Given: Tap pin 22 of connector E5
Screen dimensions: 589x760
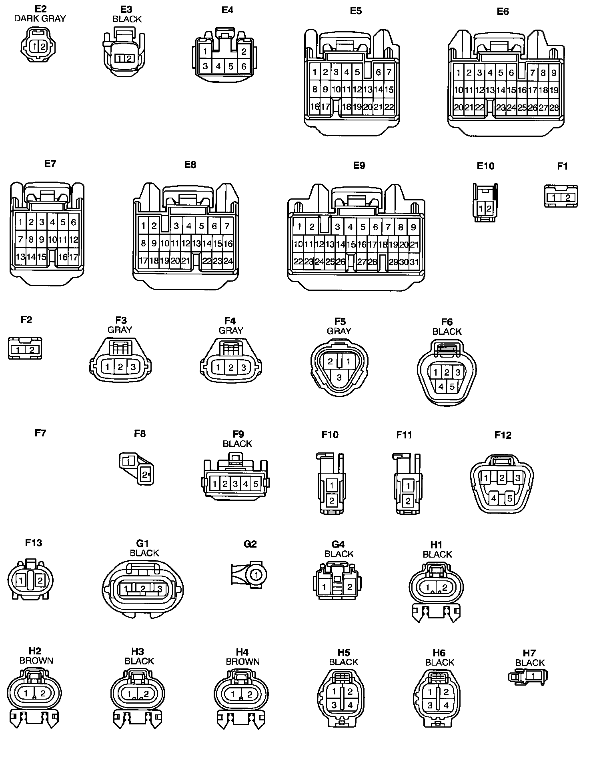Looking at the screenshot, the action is pos(389,107).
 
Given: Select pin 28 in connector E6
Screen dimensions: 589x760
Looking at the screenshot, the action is pos(554,107).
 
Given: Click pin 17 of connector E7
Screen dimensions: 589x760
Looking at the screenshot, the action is pos(74,256).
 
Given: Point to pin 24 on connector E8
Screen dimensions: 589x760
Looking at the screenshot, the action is pos(228,261).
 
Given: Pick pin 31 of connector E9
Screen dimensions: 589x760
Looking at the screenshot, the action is pos(415,262).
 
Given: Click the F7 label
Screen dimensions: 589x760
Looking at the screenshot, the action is pos(40,433).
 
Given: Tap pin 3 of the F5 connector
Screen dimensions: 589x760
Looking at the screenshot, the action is pos(339,377).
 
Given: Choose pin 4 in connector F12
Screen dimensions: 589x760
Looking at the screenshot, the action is pos(494,498).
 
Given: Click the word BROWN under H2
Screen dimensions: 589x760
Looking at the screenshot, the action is pos(36,660).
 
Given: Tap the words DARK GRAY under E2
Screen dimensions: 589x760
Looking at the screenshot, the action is pos(40,18).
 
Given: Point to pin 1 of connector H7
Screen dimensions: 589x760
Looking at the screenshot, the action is pos(533,675).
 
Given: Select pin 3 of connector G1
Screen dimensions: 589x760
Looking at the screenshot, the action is pos(159,588).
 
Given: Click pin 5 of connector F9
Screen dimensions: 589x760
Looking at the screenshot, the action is pos(256,484).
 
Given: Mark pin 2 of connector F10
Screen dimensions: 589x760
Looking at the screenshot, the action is pos(332,500).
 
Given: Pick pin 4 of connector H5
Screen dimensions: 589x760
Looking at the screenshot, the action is pos(350,705).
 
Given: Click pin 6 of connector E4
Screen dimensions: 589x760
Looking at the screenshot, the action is pos(244,66).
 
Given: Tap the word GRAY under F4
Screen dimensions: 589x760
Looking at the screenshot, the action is pos(231,330).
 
